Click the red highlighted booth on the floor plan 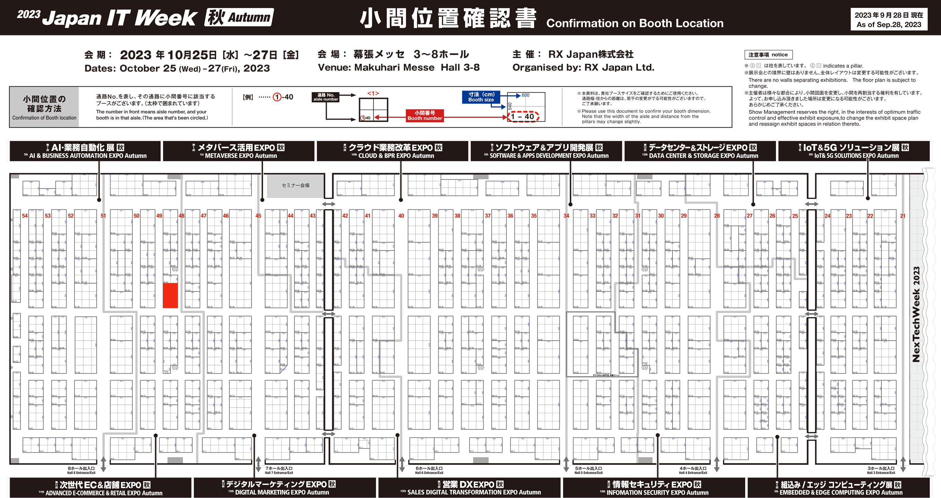coord(170,295)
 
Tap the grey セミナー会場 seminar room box coord(296,186)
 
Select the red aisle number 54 coord(25,216)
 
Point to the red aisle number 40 coord(401,216)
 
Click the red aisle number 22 coord(870,216)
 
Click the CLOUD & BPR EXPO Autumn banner coord(393,151)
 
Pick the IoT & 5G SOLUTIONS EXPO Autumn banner coord(854,151)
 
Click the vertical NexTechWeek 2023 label coord(916,314)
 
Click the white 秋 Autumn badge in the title coord(239,17)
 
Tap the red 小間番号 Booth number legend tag coord(424,115)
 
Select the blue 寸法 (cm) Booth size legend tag coord(481,97)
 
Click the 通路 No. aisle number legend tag coord(325,97)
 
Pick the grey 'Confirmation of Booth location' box coord(44,107)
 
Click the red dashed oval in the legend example coord(523,116)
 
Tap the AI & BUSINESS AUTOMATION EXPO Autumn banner coord(85,151)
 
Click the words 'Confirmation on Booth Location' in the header coord(634,23)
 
